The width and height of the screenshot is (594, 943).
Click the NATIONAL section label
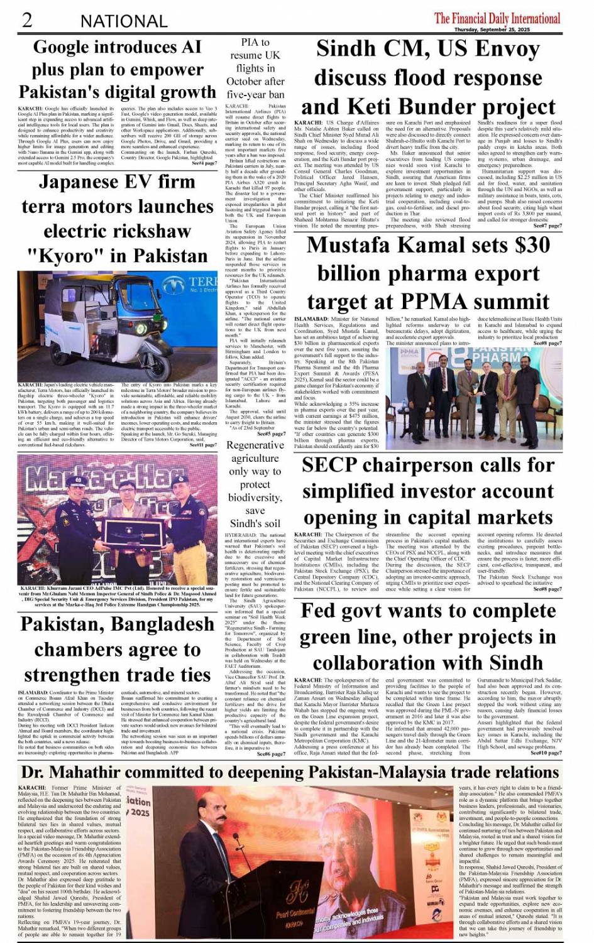(x=123, y=21)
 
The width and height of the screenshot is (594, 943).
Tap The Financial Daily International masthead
(x=497, y=18)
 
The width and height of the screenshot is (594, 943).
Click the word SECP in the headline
(x=330, y=465)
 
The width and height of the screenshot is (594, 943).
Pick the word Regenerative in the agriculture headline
(x=255, y=445)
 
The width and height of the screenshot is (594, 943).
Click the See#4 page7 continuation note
(x=204, y=163)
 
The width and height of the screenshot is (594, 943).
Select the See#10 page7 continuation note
(x=546, y=753)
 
